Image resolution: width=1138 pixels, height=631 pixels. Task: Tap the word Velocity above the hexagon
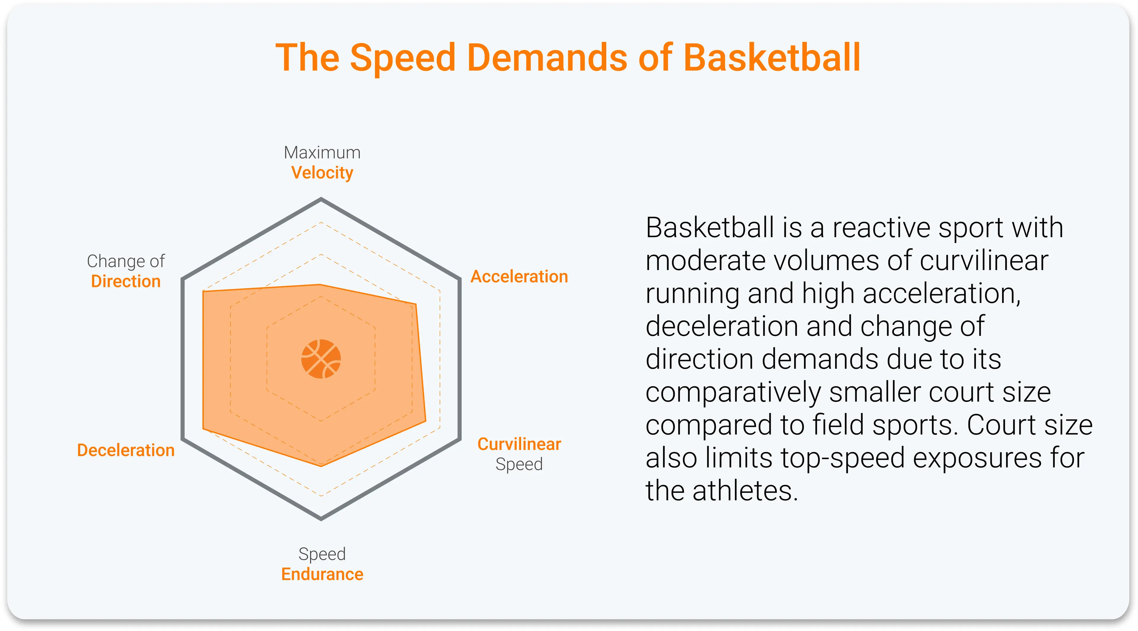322,173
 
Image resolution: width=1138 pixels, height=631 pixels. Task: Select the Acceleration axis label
519,277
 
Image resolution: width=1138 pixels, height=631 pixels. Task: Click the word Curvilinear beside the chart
519,444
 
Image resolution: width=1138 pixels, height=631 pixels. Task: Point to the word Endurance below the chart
322,574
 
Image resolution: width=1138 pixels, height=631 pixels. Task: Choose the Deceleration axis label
126,450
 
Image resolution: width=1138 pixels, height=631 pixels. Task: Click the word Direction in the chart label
126,282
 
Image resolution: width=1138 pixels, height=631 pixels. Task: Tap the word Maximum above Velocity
322,152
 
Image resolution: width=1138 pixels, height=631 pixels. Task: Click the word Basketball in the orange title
772,57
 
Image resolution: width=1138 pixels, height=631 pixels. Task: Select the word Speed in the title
402,57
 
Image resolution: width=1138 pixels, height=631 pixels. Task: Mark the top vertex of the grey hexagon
321,199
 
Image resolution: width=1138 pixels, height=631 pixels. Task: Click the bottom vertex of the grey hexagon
321,519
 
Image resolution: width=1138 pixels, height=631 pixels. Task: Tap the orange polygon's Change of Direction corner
203,291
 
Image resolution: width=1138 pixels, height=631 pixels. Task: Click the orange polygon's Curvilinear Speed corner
426,421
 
